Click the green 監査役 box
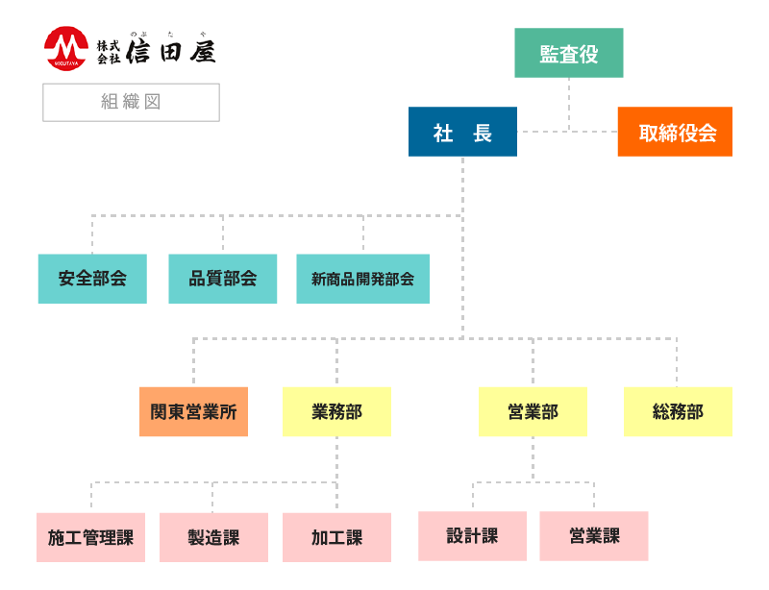568,53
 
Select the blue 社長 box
462,132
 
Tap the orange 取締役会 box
675,132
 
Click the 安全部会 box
92,279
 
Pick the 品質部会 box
223,279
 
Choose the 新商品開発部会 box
362,279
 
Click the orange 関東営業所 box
193,411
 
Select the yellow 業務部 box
336,411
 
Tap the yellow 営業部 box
533,411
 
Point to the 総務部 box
678,411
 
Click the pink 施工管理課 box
90,537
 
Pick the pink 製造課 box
213,537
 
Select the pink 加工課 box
336,537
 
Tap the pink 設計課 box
472,535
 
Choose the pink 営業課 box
594,535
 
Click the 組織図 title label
131,102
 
